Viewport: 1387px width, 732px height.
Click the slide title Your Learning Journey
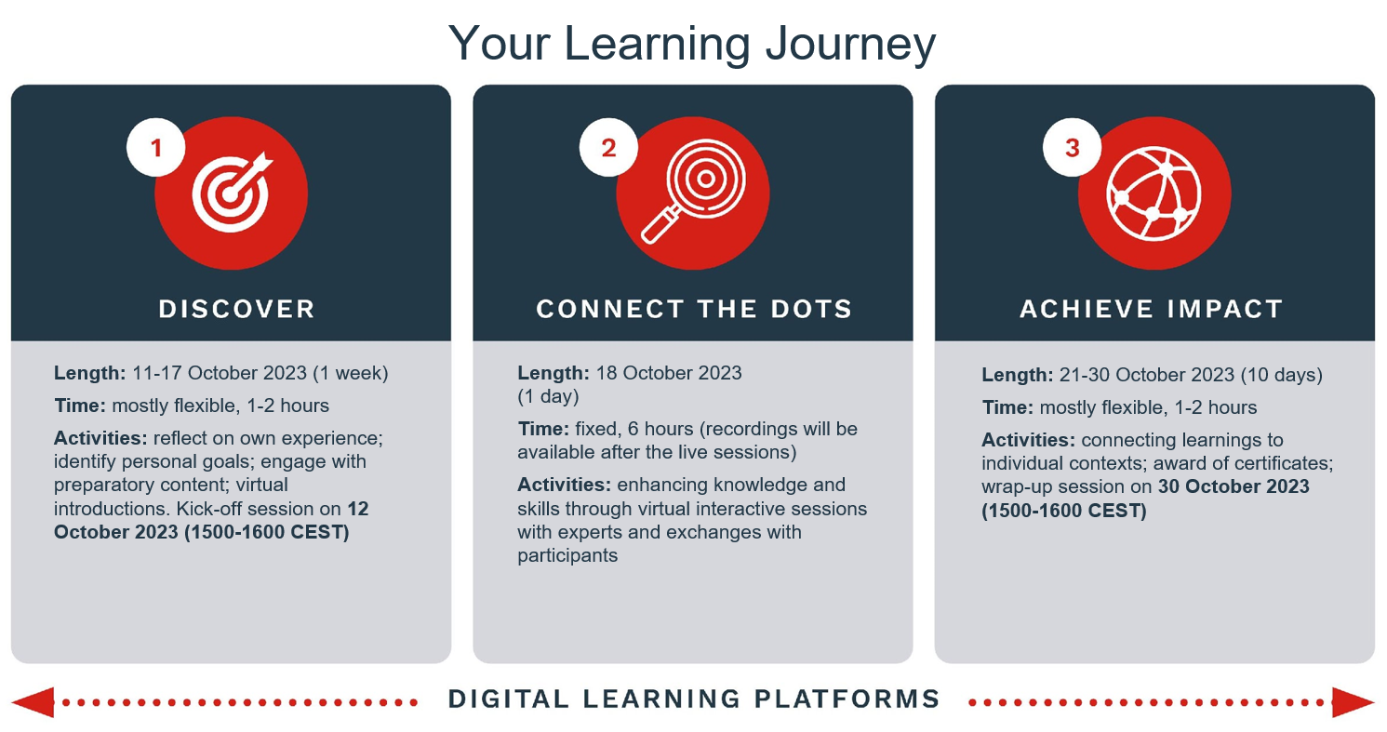692,45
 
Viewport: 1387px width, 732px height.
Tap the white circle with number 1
155,147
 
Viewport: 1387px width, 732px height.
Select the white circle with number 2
608,147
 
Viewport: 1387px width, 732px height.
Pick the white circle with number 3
1072,147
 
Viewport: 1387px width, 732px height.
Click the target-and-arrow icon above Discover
232,193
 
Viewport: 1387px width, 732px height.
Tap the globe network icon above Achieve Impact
1154,193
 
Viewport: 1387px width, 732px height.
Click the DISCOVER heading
236,309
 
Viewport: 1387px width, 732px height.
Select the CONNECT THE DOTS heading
694,309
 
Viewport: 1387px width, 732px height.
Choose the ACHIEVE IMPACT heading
1151,309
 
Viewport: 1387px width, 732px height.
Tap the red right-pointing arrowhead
1353,702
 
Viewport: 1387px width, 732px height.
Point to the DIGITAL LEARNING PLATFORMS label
694,699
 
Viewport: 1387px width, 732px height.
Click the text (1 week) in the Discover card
351,373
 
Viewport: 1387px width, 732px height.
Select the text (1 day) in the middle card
548,396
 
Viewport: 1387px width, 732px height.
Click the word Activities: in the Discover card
100,438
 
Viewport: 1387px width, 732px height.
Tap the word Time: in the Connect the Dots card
543,429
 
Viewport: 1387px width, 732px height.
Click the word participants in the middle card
567,556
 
